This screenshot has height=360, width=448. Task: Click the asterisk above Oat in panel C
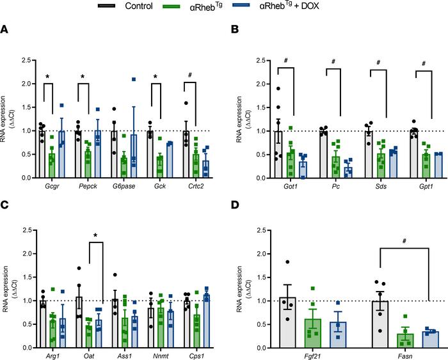(x=95, y=237)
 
